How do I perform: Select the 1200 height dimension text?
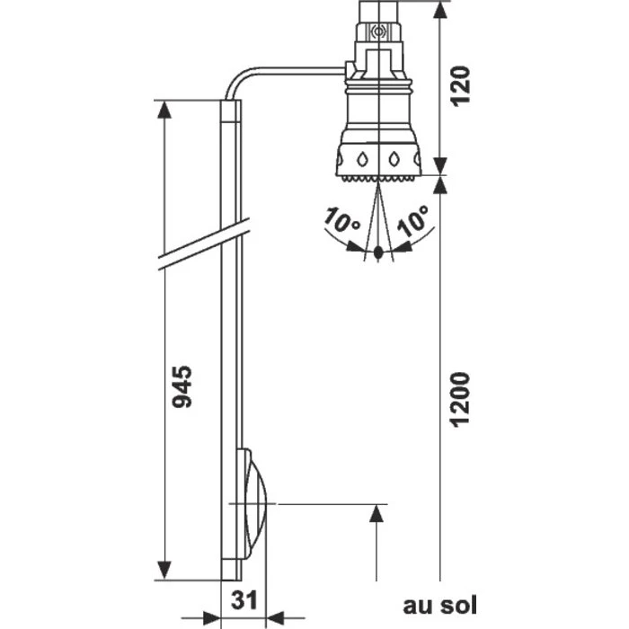pyautogui.click(x=460, y=397)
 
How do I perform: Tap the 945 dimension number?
pyautogui.click(x=182, y=386)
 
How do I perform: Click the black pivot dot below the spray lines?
pyautogui.click(x=379, y=253)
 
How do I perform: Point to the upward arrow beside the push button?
pyautogui.click(x=376, y=516)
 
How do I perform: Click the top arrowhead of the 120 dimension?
pyautogui.click(x=439, y=9)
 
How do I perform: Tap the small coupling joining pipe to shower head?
pyautogui.click(x=347, y=68)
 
